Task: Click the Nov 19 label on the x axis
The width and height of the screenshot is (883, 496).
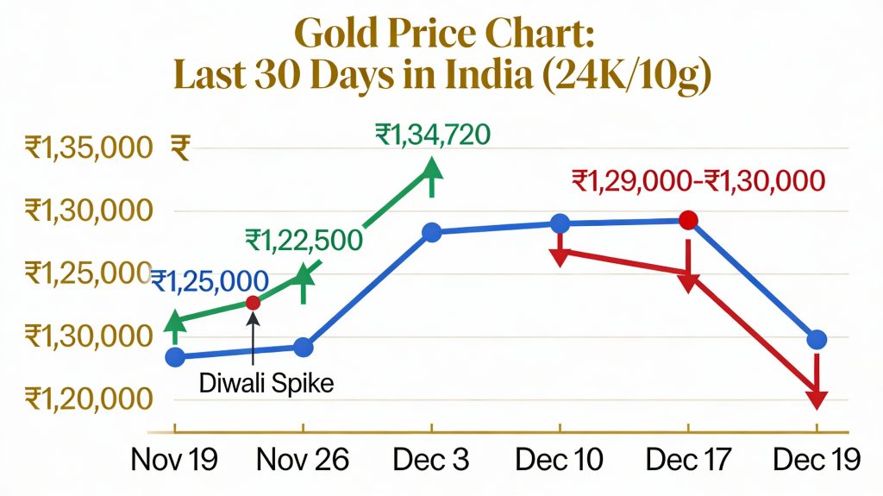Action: [x=174, y=460]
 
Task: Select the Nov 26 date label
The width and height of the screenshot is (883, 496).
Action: [x=303, y=460]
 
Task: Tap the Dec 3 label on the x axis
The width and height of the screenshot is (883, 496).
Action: [x=431, y=460]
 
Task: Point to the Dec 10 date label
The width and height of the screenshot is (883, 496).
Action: [x=560, y=460]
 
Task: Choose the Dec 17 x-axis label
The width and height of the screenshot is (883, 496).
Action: [x=687, y=460]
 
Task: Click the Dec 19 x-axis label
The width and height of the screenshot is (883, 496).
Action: [x=816, y=460]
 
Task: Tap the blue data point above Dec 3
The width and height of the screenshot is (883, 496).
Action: [x=432, y=232]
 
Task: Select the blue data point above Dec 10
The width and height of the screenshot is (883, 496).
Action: [x=560, y=224]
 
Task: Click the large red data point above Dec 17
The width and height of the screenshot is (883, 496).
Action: [x=687, y=221]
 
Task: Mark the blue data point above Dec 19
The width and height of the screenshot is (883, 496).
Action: [x=817, y=340]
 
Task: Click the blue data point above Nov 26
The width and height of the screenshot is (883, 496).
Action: [x=304, y=347]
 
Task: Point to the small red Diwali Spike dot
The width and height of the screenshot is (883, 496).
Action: [x=253, y=302]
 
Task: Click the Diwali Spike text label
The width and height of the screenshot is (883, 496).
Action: [x=266, y=383]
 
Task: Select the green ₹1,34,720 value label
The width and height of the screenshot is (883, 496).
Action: [x=433, y=135]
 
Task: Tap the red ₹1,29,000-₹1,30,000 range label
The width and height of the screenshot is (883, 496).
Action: [x=698, y=181]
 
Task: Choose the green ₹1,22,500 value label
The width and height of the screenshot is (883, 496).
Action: [x=303, y=239]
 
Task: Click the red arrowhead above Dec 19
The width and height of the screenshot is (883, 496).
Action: [x=817, y=399]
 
